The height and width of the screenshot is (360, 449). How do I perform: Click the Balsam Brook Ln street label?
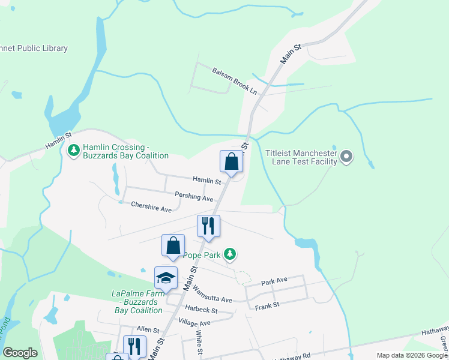[234, 81]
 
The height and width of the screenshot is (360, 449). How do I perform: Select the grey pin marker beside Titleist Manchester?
[346, 157]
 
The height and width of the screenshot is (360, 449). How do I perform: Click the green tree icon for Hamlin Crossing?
[73, 150]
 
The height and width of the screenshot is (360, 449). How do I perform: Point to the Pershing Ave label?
[194, 196]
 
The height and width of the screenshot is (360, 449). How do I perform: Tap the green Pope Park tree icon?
[229, 254]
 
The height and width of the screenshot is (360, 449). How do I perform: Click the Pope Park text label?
[203, 255]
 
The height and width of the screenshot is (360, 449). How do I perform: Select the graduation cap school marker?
[166, 278]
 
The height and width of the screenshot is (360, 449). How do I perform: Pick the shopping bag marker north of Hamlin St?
[232, 161]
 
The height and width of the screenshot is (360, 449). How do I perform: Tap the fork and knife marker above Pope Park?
[208, 226]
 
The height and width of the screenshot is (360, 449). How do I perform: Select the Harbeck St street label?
[200, 310]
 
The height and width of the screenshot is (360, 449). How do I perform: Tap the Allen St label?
[148, 330]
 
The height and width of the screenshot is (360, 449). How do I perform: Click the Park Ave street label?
[274, 281]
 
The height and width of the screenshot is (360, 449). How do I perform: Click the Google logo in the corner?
[20, 353]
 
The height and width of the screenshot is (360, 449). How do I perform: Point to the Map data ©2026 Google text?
[412, 355]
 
